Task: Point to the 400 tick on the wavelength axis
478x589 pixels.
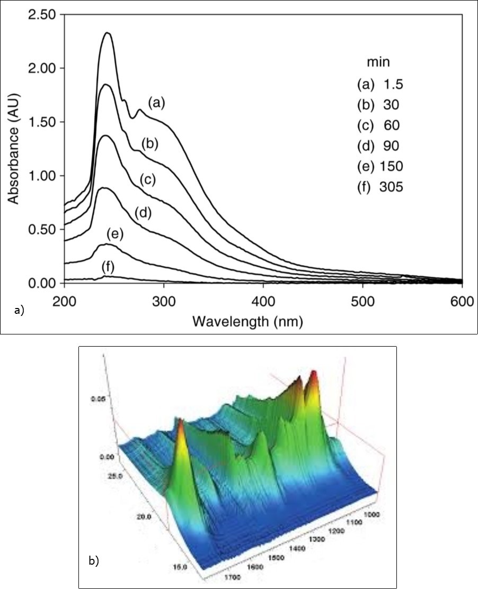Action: coord(263,300)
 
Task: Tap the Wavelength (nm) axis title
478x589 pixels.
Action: coord(247,321)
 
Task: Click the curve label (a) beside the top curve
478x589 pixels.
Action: coord(156,103)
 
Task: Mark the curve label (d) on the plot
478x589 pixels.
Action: coord(143,213)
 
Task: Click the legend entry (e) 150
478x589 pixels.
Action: coord(380,166)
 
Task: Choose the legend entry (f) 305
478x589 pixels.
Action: coord(380,187)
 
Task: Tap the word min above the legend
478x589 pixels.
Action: coord(378,62)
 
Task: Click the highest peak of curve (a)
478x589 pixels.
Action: coord(108,33)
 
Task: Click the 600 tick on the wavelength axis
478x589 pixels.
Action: coord(462,300)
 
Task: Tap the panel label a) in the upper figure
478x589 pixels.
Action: coord(20,311)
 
